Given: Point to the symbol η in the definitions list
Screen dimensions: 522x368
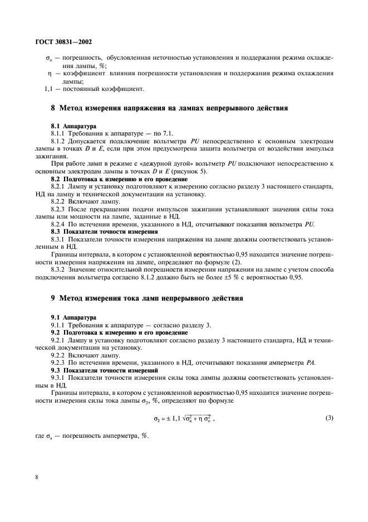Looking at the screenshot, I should [x=50, y=74].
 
